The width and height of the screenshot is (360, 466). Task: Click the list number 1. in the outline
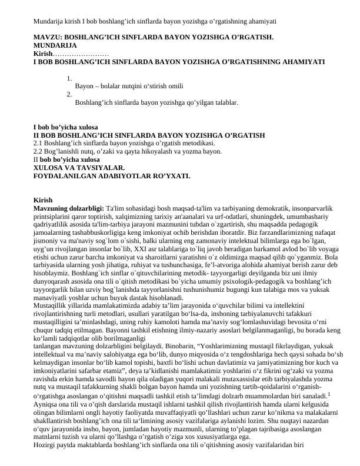[x=69, y=78]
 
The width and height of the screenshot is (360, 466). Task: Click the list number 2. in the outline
[x=69, y=94]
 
